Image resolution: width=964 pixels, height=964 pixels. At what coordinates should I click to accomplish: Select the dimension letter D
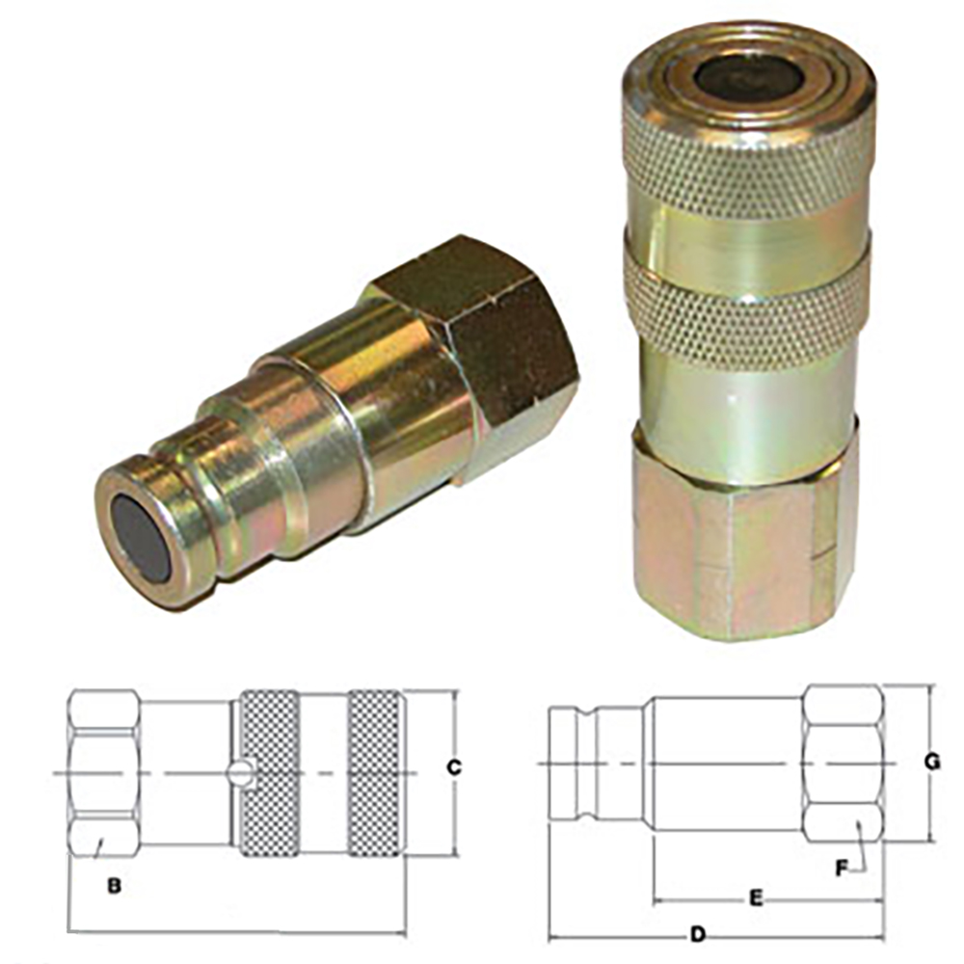(x=698, y=934)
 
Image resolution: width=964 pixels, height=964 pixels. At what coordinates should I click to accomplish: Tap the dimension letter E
(x=756, y=898)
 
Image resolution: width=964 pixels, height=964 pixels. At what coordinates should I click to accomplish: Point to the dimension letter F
(x=842, y=867)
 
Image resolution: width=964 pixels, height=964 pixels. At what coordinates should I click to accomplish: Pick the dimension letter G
(x=931, y=762)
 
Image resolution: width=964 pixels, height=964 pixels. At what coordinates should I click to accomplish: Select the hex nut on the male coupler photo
(x=482, y=357)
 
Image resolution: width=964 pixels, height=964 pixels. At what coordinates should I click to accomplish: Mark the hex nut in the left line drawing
(x=103, y=772)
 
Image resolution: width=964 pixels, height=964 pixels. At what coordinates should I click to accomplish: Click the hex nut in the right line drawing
(x=842, y=762)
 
